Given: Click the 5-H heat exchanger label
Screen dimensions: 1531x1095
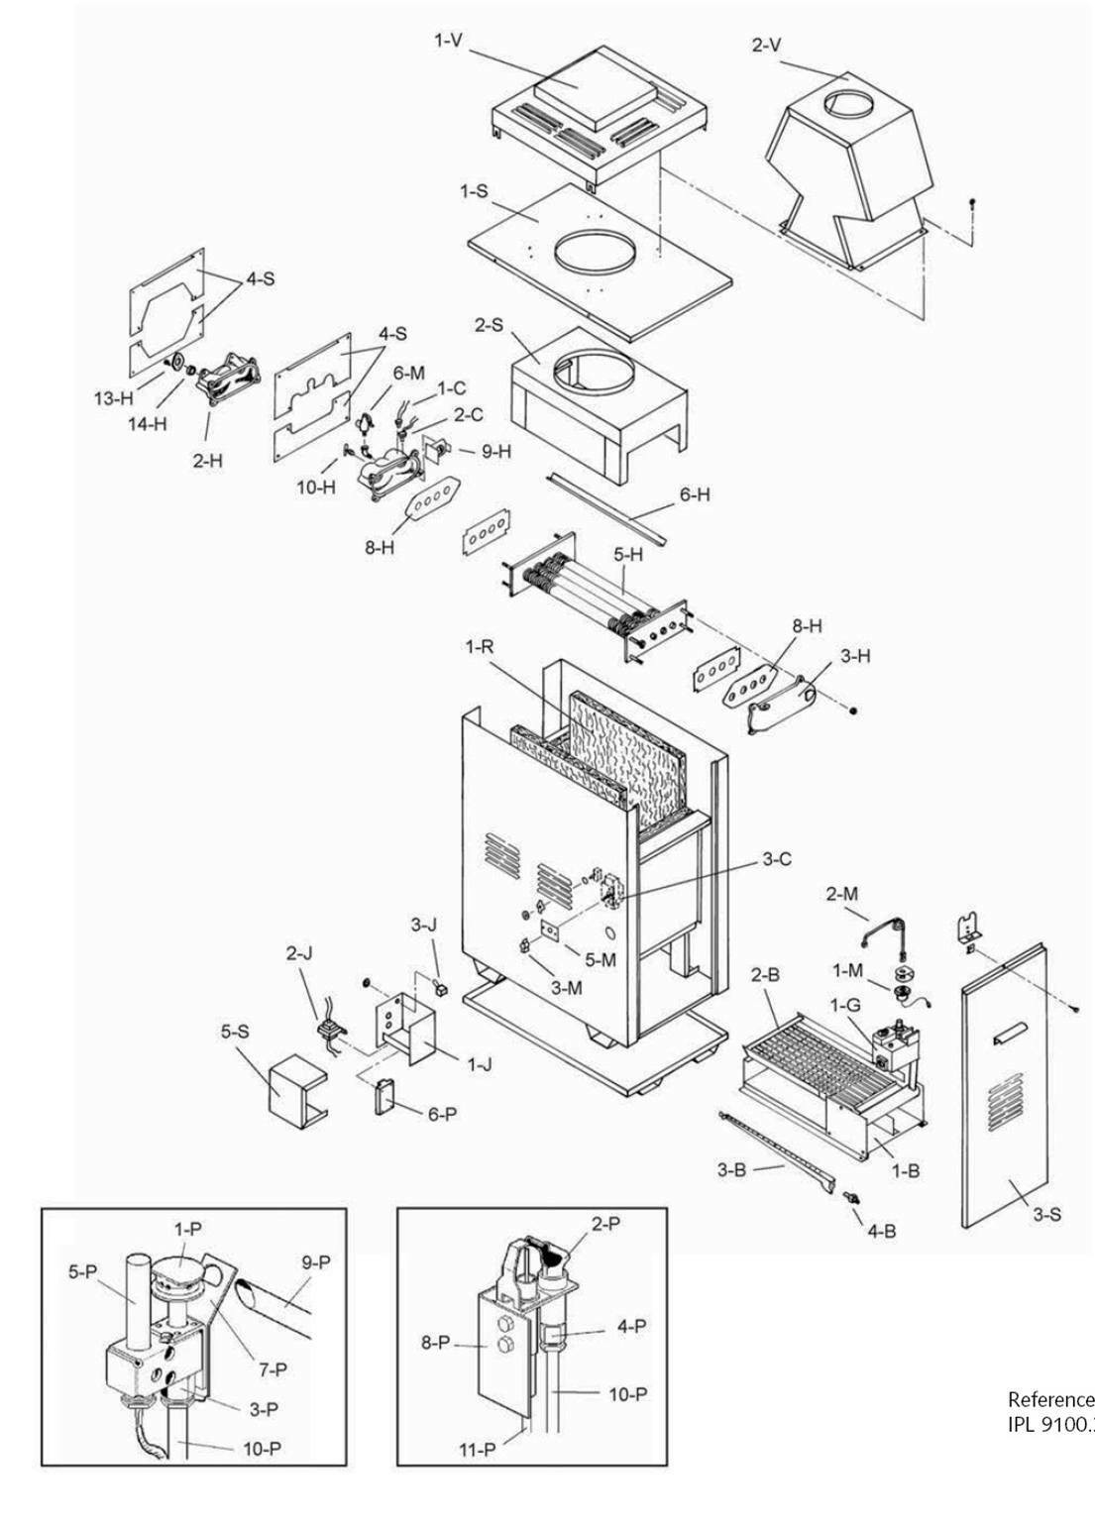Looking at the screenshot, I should click(x=627, y=556).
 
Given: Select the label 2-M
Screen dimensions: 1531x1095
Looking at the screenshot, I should click(x=842, y=894).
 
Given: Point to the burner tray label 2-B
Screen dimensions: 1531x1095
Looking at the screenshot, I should click(x=767, y=974).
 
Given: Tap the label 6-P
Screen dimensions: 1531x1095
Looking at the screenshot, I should click(x=443, y=1113).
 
